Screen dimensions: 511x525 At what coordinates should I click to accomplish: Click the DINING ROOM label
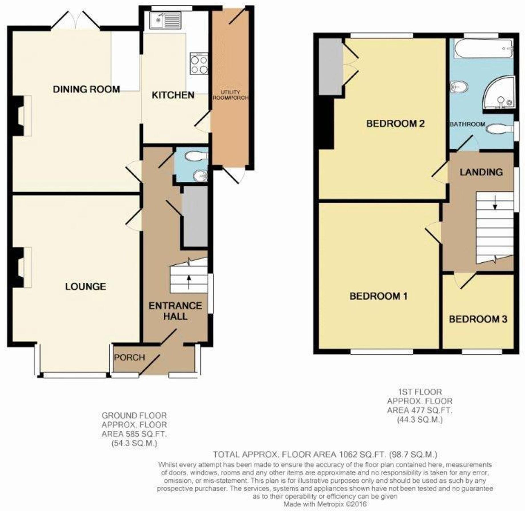coord(86,89)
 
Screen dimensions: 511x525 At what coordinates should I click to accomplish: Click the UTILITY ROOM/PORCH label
coord(230,95)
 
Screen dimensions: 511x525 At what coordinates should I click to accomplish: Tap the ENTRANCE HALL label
coord(175,311)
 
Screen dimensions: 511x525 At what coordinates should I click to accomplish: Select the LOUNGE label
coord(86,287)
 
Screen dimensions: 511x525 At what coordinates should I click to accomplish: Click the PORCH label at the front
coord(129,357)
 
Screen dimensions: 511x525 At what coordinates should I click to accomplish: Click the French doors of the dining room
coord(76,21)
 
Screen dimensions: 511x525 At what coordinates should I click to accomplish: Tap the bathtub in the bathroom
coord(483,49)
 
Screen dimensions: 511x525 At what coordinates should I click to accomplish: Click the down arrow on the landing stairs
coord(495,203)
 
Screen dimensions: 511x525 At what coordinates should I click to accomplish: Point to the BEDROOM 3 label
coord(478,319)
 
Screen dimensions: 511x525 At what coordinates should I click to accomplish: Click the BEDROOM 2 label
coord(396,124)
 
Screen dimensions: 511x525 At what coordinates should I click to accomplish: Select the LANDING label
coord(481,172)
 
